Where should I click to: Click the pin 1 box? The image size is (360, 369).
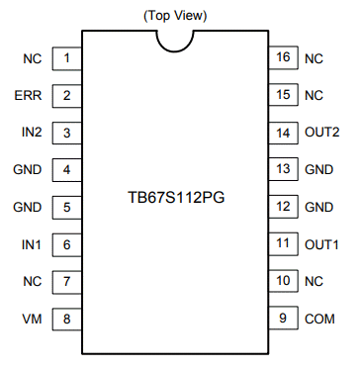[x=66, y=59]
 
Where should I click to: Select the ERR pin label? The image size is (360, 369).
[x=28, y=96]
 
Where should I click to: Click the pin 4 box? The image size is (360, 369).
[x=66, y=169]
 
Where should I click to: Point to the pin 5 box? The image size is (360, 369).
[x=66, y=207]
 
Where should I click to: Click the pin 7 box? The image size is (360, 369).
[x=66, y=281]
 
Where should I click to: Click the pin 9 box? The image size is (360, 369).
[x=283, y=319]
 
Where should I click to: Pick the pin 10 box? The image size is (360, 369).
[x=283, y=281]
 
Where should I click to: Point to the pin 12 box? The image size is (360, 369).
[x=283, y=207]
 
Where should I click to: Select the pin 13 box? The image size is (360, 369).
[x=283, y=169]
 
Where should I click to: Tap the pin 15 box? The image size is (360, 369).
[x=283, y=96]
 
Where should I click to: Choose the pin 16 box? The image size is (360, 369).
[x=283, y=59]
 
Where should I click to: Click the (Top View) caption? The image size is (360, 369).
[x=176, y=15]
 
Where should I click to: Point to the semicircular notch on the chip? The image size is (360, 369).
[x=175, y=38]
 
